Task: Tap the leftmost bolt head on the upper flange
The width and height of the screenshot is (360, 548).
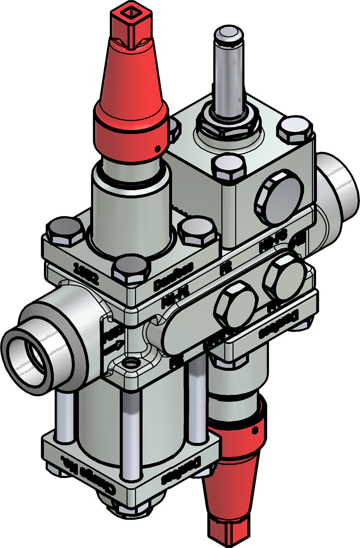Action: [x=65, y=232]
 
